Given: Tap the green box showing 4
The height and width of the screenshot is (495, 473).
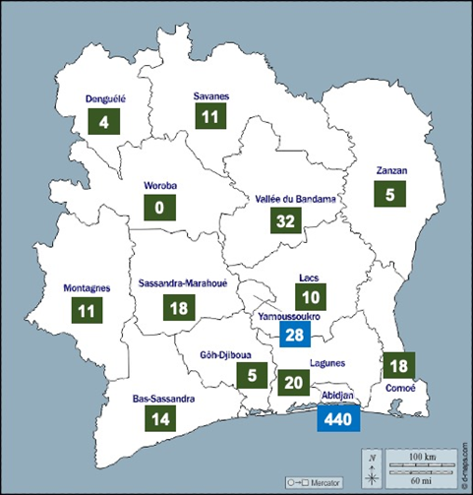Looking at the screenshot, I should (103, 123).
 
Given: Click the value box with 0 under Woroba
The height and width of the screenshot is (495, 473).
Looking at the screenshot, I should (159, 209).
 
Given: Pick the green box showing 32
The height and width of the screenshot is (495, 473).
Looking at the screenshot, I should (286, 221).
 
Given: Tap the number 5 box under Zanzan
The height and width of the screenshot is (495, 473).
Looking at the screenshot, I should (390, 195).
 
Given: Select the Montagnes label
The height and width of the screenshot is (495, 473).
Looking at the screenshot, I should (86, 288).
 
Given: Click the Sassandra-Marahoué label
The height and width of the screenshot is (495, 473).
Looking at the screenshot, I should (179, 281).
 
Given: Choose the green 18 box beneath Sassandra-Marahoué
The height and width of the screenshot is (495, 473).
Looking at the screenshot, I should (179, 308).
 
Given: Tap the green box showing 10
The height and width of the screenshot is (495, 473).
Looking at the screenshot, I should (311, 298).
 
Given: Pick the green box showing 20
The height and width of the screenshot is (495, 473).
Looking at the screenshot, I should (293, 382).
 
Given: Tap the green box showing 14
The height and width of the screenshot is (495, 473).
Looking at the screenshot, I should (161, 418).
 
